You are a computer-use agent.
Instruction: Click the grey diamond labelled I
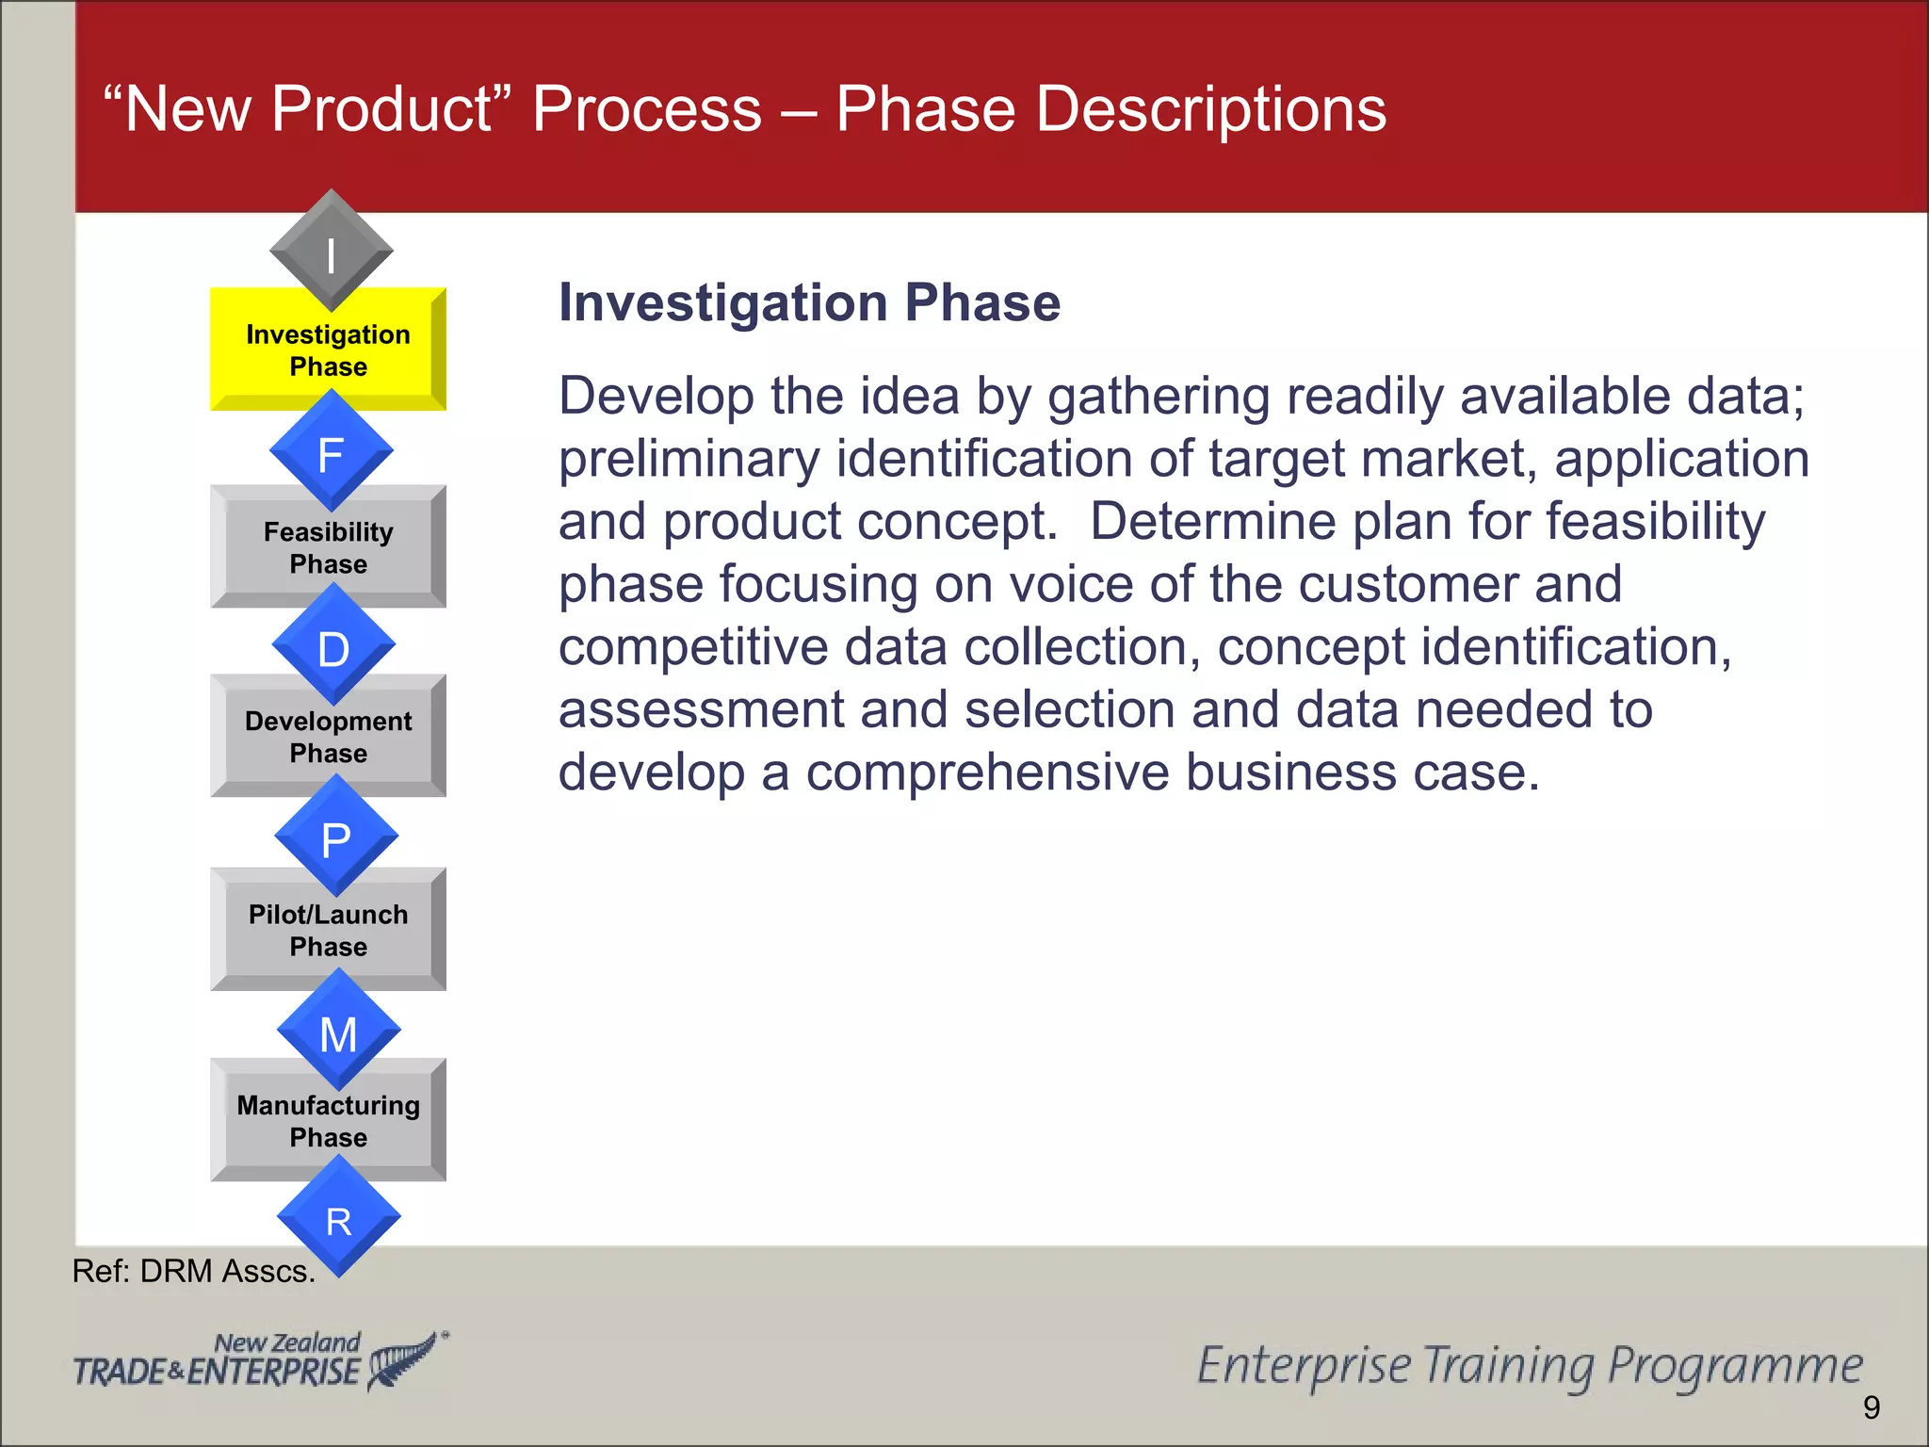(331, 251)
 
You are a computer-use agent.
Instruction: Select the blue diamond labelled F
(331, 452)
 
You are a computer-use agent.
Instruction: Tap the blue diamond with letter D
(333, 646)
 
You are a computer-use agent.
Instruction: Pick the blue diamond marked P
(336, 837)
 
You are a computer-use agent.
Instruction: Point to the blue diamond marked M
(338, 1032)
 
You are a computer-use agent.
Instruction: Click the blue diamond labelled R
(338, 1218)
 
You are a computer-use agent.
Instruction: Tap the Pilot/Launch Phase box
(327, 932)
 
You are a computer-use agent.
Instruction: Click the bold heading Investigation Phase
(809, 303)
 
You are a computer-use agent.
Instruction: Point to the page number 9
(1871, 1407)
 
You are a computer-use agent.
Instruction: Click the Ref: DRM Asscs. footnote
(193, 1272)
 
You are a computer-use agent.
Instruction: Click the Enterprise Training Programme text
(1529, 1366)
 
